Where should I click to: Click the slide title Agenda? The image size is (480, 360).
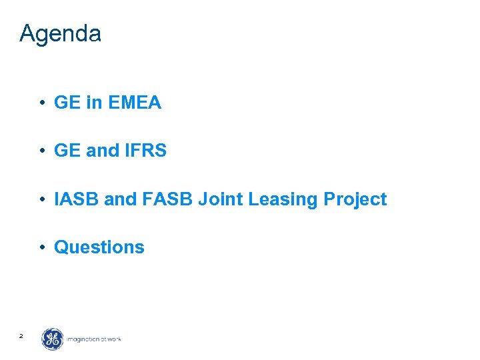[x=60, y=33]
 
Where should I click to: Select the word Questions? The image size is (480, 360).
[x=99, y=247]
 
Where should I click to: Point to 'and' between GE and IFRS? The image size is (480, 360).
[x=102, y=151]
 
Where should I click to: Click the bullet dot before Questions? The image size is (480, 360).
[x=41, y=247]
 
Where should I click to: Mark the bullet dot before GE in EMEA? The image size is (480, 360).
[x=41, y=103]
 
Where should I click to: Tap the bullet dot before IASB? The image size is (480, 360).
[x=41, y=199]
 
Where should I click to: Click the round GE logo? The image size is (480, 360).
[x=53, y=339]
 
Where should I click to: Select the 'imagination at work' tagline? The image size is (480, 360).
[x=93, y=339]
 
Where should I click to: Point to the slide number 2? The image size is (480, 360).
[x=21, y=336]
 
